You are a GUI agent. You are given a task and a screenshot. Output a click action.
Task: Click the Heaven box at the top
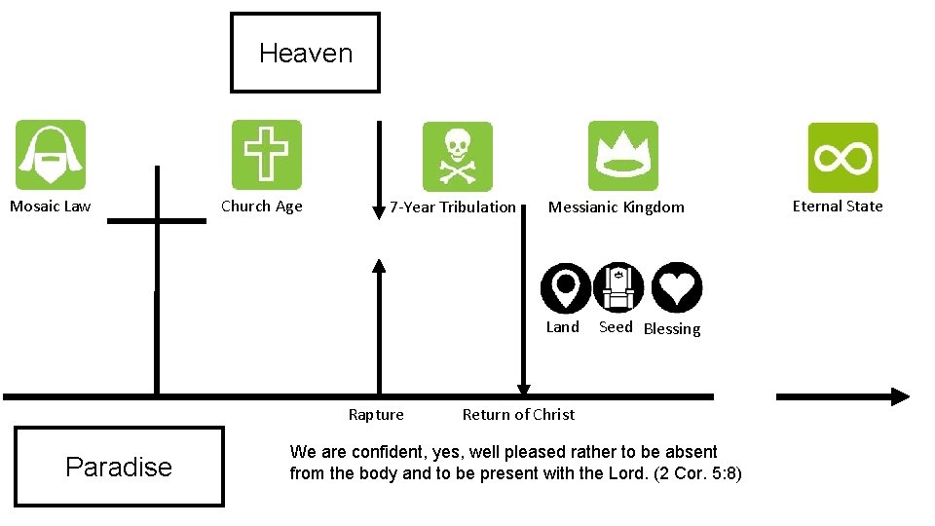coord(305,53)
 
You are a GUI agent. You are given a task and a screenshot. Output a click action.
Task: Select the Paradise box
coord(119,467)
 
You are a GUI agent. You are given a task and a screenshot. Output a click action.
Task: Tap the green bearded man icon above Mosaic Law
coord(51,155)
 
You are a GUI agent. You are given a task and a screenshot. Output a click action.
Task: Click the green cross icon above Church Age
coord(266,155)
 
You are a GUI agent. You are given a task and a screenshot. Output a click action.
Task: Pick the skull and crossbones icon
coord(457,157)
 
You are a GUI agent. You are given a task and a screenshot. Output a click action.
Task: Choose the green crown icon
coord(623,156)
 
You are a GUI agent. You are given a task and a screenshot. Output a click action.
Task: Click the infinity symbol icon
coord(842,157)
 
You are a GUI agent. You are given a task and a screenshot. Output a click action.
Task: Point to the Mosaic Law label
coord(50,206)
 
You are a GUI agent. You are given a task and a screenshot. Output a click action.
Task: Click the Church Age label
coord(261,206)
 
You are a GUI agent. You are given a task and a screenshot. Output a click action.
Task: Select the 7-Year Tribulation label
coord(453,207)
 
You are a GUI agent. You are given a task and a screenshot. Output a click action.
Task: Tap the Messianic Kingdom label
coord(616,207)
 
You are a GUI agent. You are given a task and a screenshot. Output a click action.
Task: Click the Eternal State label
coord(838,206)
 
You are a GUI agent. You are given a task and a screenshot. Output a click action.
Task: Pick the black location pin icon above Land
coord(565,287)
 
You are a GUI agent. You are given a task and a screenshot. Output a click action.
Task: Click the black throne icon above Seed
coord(618,287)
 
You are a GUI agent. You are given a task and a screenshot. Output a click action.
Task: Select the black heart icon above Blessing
coord(676,287)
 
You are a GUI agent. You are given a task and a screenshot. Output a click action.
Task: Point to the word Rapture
coord(376,415)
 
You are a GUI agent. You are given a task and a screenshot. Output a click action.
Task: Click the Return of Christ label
coord(518,415)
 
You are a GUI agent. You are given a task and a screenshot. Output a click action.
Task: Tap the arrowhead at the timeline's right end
coord(899,396)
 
